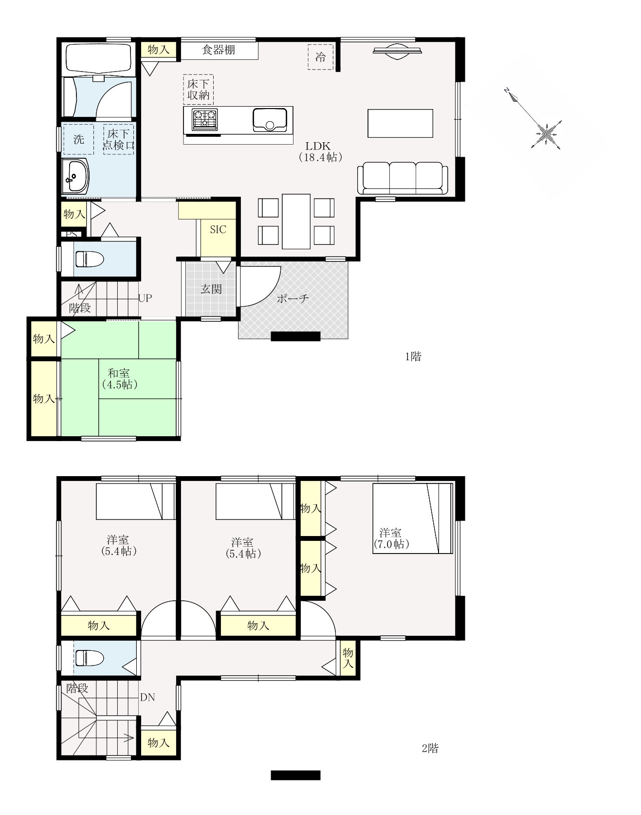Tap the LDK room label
319,151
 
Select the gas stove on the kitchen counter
204,120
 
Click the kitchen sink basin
270,119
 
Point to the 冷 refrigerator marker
320,57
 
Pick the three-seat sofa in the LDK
403,179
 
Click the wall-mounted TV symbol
397,51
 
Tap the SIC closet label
218,229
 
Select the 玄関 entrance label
211,289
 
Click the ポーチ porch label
293,298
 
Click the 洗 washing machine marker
79,140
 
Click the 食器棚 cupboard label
219,50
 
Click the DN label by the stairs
147,697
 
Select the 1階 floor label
413,356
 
